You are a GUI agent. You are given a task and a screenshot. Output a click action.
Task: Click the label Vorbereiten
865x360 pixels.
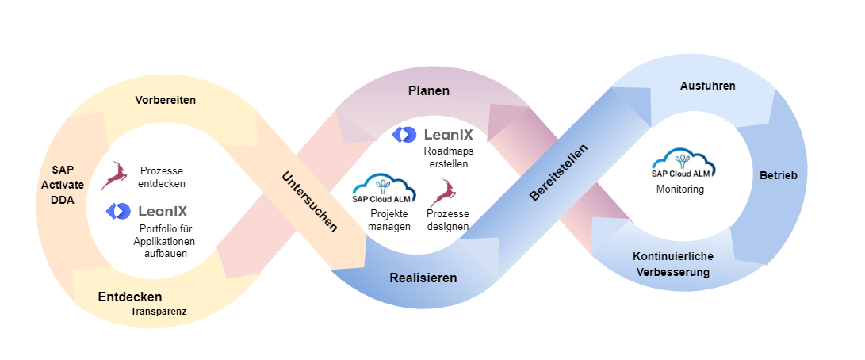coord(165,100)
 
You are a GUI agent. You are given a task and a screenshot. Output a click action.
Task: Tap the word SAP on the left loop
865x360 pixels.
coord(63,170)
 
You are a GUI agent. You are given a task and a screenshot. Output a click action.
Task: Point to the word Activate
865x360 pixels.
coord(63,185)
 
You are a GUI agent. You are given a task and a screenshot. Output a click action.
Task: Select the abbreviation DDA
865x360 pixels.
coord(63,200)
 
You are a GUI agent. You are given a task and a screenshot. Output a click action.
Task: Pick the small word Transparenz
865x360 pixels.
coord(159,312)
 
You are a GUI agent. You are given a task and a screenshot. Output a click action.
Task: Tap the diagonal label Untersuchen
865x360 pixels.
coord(309,201)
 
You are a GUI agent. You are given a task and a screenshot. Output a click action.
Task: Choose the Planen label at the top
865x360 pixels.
coord(429,90)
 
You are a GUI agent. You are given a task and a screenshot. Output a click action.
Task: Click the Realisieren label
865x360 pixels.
coord(423,278)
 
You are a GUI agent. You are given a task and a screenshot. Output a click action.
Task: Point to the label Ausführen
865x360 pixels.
coord(708,86)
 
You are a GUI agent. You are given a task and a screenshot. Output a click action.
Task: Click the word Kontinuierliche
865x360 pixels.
coord(672,256)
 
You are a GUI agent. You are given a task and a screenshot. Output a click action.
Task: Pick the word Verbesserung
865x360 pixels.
coord(672,272)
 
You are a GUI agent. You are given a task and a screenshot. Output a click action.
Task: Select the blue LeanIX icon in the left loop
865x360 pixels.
coord(118,211)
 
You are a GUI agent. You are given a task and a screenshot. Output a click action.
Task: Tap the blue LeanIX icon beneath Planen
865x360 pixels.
coord(404,135)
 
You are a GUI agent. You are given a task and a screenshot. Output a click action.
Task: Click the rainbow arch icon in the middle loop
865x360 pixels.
coord(385,186)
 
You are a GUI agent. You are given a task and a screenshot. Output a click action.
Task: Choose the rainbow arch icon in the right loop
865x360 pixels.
coord(683,159)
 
